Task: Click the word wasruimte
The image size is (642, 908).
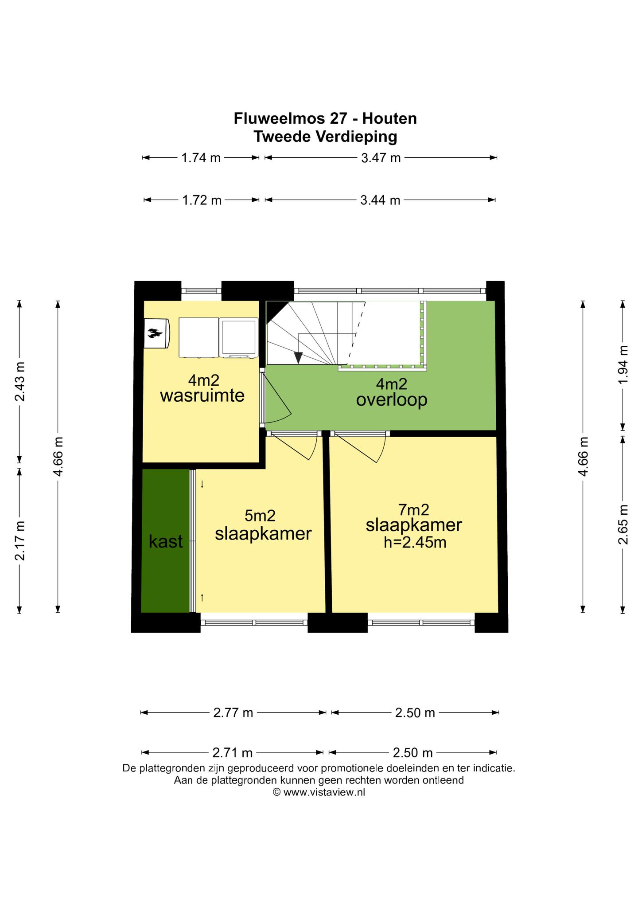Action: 202,395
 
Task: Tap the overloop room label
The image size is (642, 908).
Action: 392,400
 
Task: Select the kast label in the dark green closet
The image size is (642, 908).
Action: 166,541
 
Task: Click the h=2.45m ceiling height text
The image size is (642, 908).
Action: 415,542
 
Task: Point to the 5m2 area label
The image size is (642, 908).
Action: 260,516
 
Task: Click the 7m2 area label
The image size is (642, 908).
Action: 414,509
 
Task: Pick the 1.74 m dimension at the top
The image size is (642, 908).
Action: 201,158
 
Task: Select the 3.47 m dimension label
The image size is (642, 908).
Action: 381,158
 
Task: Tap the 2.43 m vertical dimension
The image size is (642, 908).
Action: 20,382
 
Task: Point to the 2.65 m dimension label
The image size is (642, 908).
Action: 623,524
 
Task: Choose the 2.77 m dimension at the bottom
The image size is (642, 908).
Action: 233,713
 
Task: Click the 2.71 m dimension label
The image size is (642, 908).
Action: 233,753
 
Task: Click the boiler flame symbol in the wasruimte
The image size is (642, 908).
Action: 154,333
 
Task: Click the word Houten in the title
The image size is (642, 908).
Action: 389,119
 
